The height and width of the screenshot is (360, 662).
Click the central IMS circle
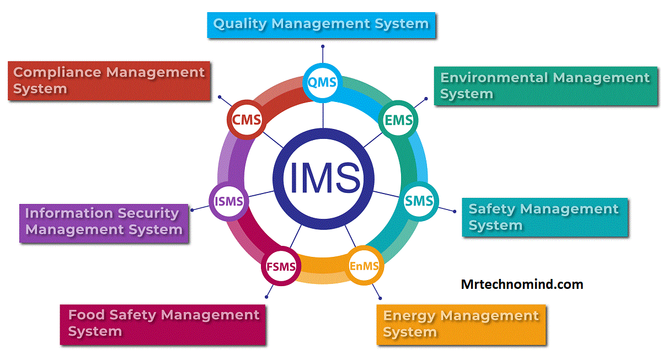click(324, 178)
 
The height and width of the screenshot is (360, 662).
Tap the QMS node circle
click(323, 83)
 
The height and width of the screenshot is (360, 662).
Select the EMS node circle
click(398, 120)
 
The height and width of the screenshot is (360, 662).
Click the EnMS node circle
click(364, 266)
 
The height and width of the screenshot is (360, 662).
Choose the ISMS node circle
click(229, 202)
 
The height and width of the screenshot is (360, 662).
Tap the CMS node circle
click(246, 120)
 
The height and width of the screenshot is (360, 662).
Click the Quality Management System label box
click(321, 25)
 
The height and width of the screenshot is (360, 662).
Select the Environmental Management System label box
click(546, 86)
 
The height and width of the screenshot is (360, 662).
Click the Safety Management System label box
click(544, 217)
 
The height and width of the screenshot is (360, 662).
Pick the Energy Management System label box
click(461, 324)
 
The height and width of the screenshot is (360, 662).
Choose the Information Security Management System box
click(104, 222)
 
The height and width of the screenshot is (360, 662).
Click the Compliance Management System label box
click(109, 80)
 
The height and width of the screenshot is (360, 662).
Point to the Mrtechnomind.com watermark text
click(522, 284)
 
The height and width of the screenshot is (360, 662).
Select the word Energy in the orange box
click(409, 316)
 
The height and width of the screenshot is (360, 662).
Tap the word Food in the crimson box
click(86, 315)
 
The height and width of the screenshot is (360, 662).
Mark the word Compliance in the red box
click(57, 72)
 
